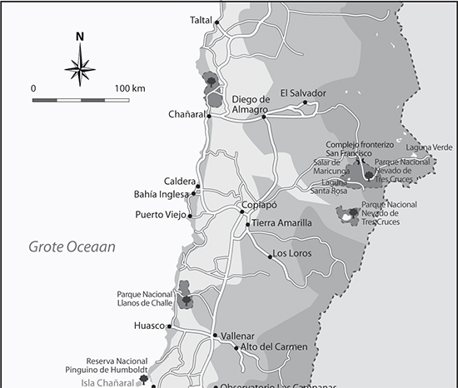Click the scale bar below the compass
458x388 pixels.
(81, 99)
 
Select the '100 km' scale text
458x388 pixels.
(130, 87)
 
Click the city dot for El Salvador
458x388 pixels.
(305, 102)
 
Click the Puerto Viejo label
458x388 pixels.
(161, 216)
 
